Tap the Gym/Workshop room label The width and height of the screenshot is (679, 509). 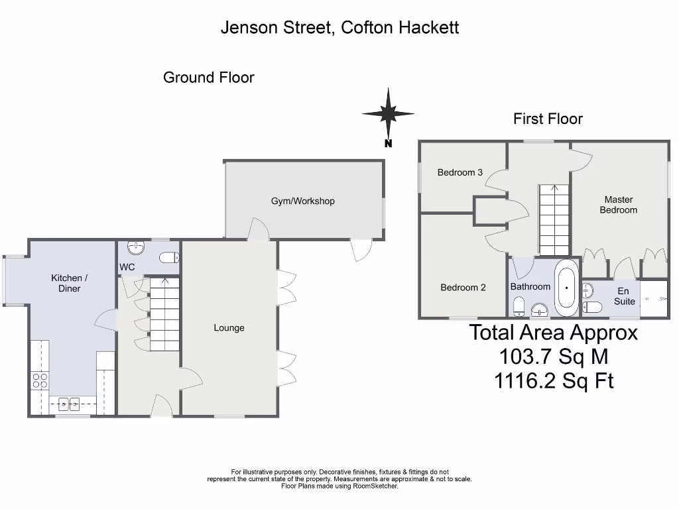point(302,201)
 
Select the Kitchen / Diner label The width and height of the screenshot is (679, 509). point(69,283)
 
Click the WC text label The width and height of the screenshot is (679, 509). point(127,267)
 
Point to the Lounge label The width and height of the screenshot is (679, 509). point(229,327)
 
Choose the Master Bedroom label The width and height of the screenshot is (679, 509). point(618,205)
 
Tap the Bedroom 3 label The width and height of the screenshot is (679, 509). point(460,172)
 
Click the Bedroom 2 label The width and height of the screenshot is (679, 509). point(463,288)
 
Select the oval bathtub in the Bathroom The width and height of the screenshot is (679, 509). point(566,288)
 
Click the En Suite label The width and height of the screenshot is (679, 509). point(624,296)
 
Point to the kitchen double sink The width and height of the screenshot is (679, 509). point(68,402)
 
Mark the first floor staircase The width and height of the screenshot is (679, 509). point(554,220)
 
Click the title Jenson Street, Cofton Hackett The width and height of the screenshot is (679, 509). point(339,27)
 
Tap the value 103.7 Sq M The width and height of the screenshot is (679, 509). point(553,357)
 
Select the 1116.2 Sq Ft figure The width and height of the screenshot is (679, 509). point(554,380)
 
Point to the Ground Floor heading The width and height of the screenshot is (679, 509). point(208,78)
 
